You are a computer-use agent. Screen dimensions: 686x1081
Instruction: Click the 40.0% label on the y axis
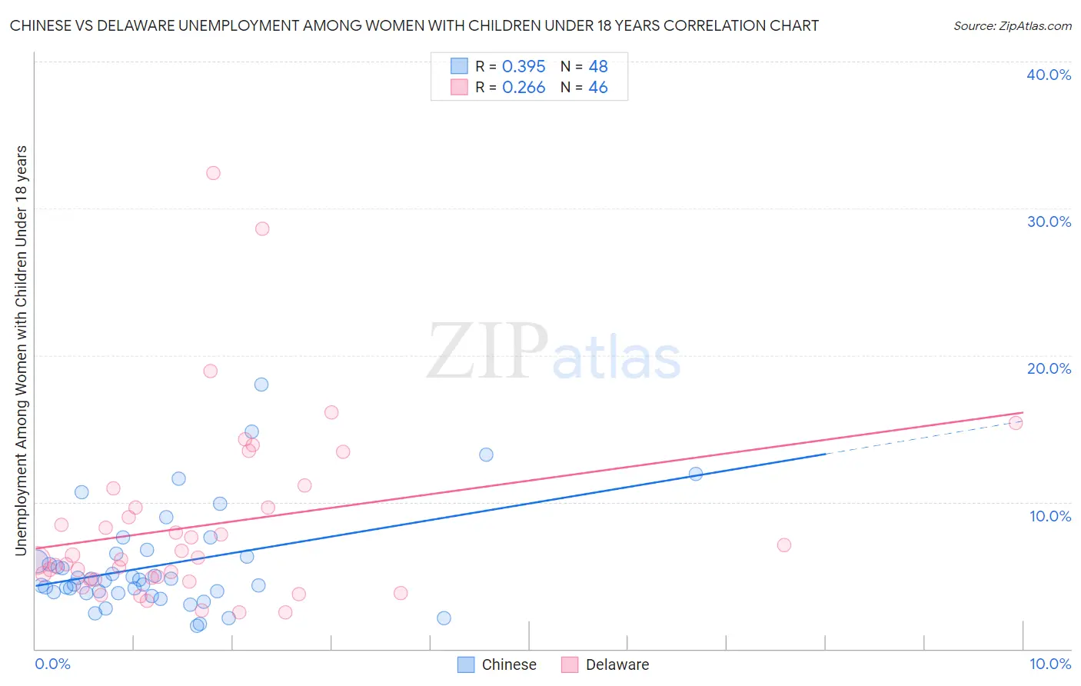[1049, 75]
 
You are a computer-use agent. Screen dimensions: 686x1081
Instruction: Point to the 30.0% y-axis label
[1049, 221]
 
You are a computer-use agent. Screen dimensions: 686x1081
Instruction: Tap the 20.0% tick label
[1049, 368]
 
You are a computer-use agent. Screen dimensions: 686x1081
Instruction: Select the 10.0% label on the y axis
[1050, 516]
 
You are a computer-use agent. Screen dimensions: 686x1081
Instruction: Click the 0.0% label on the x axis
[52, 664]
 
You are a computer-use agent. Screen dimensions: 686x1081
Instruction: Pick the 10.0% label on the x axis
[1050, 664]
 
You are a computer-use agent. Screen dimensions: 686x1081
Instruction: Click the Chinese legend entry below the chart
[508, 664]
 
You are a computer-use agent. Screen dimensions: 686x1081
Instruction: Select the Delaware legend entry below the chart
[617, 664]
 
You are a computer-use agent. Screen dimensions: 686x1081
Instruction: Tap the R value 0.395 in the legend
[524, 67]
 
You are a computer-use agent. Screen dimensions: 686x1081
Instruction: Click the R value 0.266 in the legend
[524, 88]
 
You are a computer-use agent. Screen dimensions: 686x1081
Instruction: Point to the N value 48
[598, 67]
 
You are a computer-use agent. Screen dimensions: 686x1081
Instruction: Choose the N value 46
[598, 88]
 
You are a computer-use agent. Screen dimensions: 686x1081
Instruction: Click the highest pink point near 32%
[213, 173]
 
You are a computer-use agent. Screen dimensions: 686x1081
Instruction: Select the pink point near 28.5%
[262, 228]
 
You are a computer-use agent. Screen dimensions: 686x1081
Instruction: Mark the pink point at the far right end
[1016, 422]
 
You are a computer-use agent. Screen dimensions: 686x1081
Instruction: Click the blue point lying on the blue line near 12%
[696, 474]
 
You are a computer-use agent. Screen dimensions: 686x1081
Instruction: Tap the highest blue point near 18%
[261, 385]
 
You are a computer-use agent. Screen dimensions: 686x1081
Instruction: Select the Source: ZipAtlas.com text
[1012, 26]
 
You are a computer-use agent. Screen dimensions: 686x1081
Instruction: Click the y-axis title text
[21, 350]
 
